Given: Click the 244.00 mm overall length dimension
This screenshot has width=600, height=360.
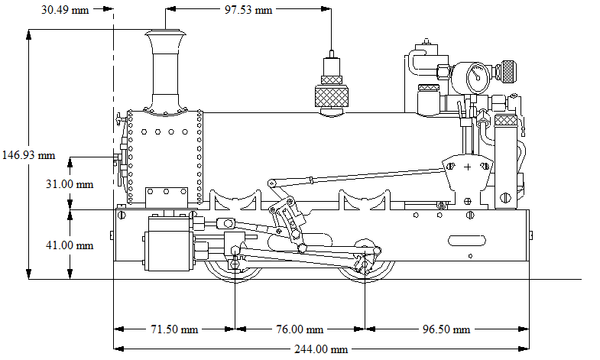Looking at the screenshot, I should click(x=320, y=349).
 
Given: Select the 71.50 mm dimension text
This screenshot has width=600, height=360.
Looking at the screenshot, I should click(x=173, y=329).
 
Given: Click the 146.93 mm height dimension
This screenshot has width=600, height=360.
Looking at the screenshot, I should click(x=29, y=154).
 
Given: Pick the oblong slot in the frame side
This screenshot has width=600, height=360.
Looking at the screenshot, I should click(x=466, y=240).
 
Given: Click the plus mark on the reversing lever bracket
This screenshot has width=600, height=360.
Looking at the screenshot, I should click(x=467, y=166).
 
